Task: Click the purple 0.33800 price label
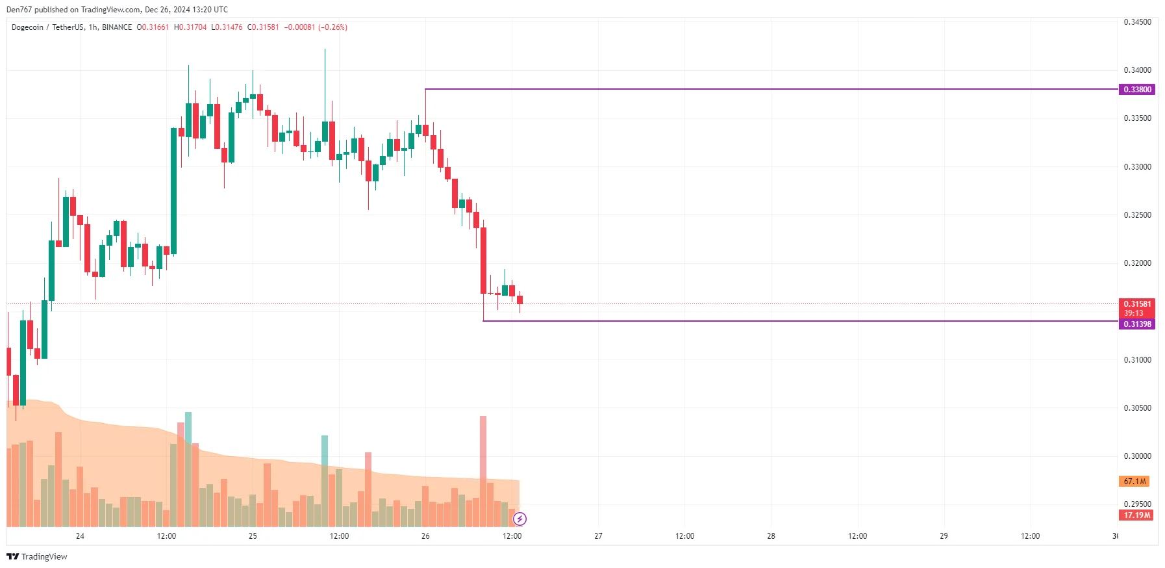coord(1137,90)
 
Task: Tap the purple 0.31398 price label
coord(1137,324)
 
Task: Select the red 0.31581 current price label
coord(1137,304)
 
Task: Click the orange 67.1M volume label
coord(1135,482)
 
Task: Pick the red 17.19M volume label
coord(1137,515)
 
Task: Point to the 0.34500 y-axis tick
coord(1137,22)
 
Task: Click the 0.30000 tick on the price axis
coord(1137,456)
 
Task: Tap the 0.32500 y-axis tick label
coord(1137,215)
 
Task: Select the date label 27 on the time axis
coord(598,536)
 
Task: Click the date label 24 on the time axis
coord(80,536)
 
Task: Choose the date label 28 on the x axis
coord(771,536)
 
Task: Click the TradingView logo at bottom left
coord(37,557)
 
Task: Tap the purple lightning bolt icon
coord(520,519)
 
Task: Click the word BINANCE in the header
coord(117,27)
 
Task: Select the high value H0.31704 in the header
coord(190,27)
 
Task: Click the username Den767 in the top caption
coord(19,10)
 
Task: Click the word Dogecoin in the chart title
coord(27,27)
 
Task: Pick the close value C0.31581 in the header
coord(263,27)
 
